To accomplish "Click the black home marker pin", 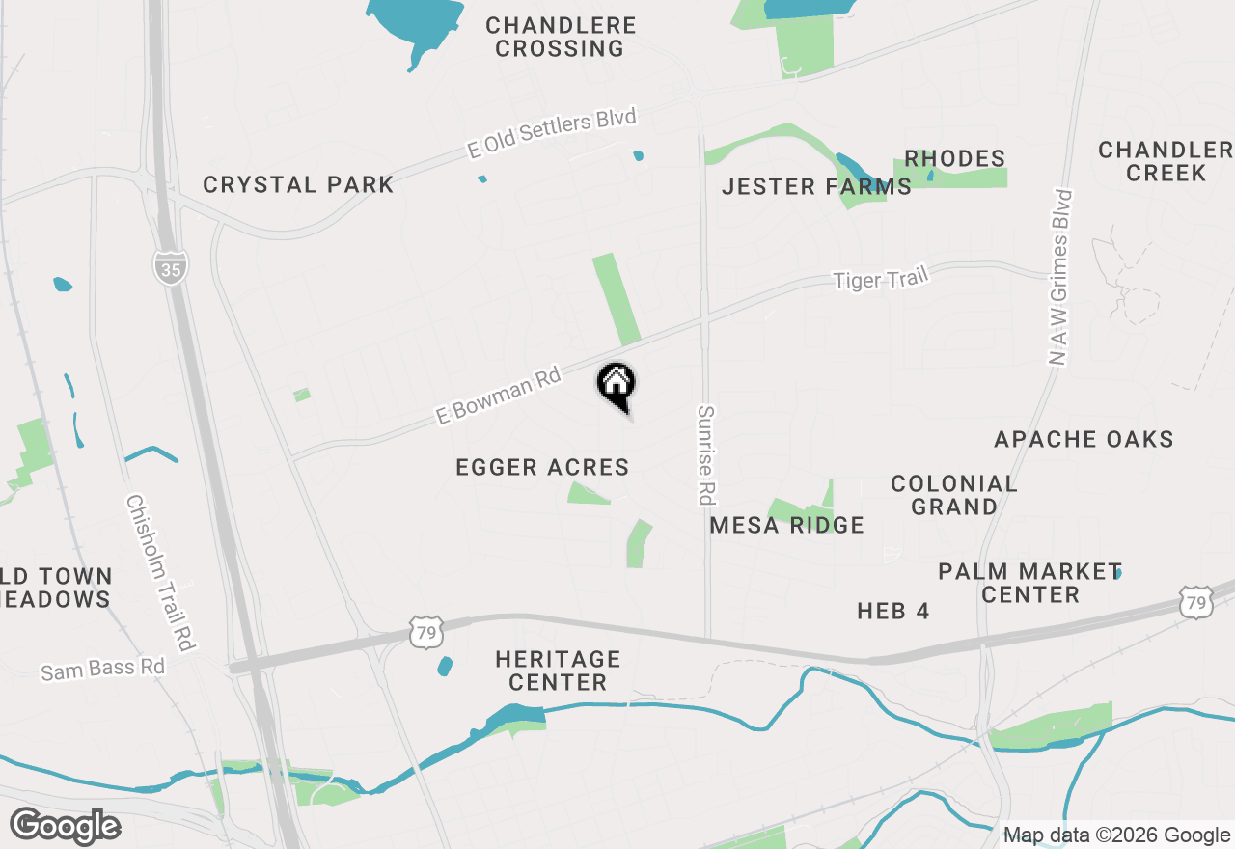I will (x=616, y=385).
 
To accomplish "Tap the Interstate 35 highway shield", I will (x=170, y=265).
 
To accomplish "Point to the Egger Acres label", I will (x=542, y=468).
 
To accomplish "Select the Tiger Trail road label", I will (x=880, y=279).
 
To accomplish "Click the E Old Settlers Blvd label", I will (x=552, y=133).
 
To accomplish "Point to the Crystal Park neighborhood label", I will (x=298, y=185).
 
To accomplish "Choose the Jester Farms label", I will (x=816, y=187).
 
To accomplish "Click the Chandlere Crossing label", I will (x=561, y=37).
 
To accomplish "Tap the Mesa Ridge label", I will (x=786, y=526).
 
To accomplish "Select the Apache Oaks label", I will (x=1084, y=440).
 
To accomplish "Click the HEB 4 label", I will (x=892, y=611).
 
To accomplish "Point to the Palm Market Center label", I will (x=1029, y=583).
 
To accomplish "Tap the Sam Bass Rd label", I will (x=102, y=668).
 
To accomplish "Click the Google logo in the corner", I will (x=65, y=827).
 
